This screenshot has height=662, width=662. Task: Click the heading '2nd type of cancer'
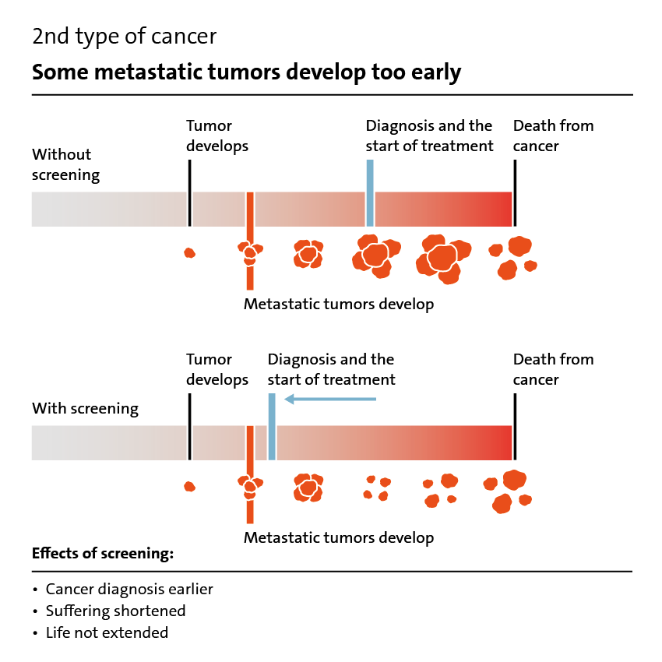click(124, 37)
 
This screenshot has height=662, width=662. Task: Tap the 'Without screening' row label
click(66, 164)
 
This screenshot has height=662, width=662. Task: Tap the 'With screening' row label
click(86, 409)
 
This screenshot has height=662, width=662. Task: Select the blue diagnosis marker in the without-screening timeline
click(370, 193)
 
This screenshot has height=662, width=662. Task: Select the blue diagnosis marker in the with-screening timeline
click(272, 427)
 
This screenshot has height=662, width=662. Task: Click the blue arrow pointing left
click(330, 399)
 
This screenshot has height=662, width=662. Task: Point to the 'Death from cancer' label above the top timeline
click(553, 136)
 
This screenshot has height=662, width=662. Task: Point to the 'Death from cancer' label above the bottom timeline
click(553, 369)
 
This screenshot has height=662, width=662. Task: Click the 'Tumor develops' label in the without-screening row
click(217, 136)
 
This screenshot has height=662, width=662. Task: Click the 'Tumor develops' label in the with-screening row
click(217, 370)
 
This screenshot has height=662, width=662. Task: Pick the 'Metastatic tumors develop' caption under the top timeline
click(339, 305)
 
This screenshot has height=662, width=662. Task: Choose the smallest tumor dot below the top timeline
click(189, 253)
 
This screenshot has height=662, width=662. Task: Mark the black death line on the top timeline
click(515, 193)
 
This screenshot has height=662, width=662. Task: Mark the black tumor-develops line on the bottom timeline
click(189, 427)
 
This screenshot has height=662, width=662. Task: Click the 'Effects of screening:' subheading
click(103, 553)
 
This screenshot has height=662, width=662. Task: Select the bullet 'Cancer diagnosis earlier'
click(129, 590)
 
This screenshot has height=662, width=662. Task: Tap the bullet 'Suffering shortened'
click(116, 611)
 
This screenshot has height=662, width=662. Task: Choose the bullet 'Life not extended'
click(107, 633)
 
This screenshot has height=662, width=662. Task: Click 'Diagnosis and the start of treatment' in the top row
click(429, 136)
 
